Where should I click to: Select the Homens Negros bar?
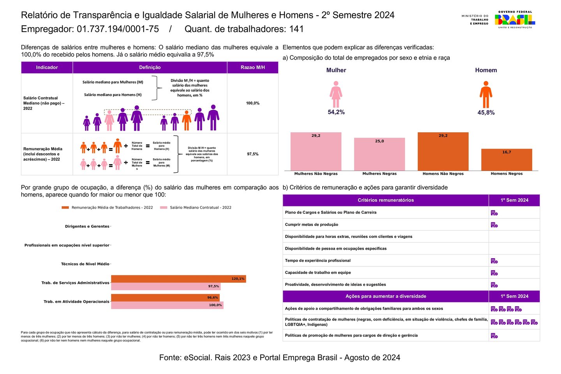click(x=506, y=160)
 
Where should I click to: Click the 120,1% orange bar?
click(x=178, y=279)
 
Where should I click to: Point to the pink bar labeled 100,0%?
click(x=167, y=305)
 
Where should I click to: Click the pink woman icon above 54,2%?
click(x=336, y=94)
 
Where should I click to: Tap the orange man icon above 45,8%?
click(x=486, y=95)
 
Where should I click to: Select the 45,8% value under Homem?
click(x=486, y=113)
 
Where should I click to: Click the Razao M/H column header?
click(x=252, y=67)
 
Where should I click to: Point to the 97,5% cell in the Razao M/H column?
click(x=252, y=154)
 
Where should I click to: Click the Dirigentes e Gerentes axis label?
click(x=87, y=226)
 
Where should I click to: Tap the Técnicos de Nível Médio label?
click(x=85, y=264)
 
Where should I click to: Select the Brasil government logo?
click(x=515, y=19)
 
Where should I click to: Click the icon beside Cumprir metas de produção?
click(x=494, y=225)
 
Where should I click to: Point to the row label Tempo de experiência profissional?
click(x=318, y=261)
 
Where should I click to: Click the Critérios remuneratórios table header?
click(x=385, y=200)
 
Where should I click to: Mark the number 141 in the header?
click(x=296, y=29)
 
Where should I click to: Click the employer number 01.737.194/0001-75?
click(x=118, y=29)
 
